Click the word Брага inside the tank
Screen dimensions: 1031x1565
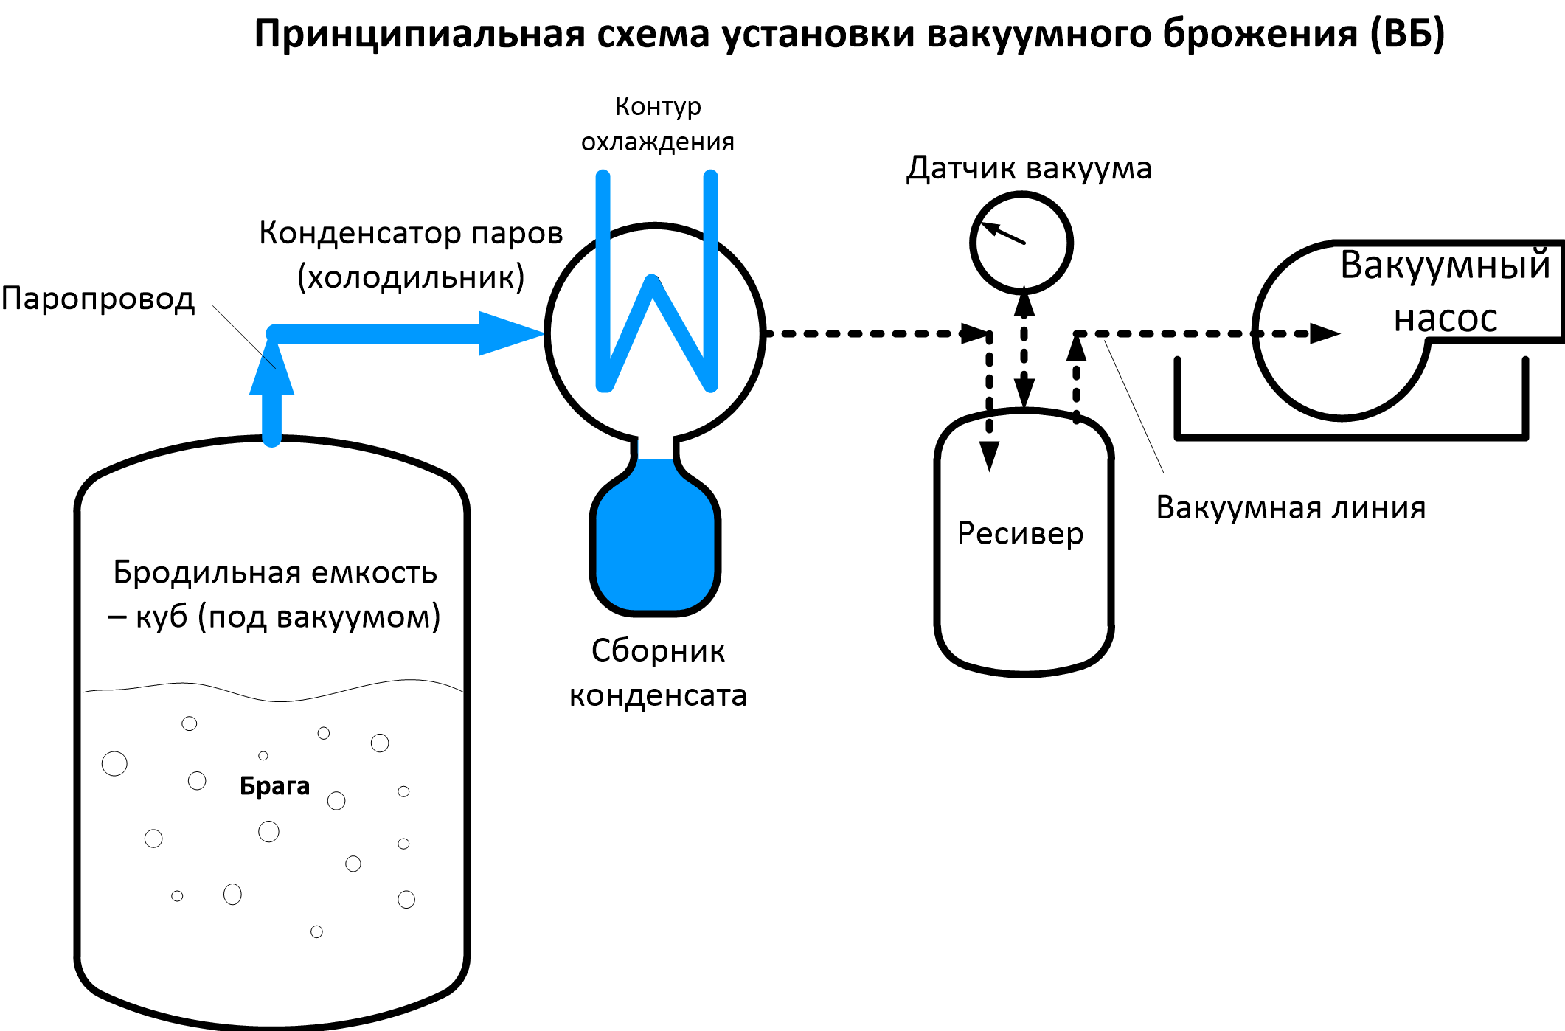tap(274, 786)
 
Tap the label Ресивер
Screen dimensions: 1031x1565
tap(1020, 533)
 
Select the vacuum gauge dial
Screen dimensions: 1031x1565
tap(1021, 243)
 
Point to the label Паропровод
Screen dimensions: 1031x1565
tap(98, 299)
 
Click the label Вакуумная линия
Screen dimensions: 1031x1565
tap(1291, 508)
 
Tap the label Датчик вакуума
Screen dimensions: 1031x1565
tap(1029, 168)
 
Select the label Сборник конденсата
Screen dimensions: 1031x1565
tap(658, 673)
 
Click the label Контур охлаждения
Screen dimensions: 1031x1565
tap(658, 124)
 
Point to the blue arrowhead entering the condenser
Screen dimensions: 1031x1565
tap(509, 333)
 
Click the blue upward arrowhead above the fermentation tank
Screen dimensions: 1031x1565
tap(272, 369)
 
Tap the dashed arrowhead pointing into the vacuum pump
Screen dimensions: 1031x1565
tap(1324, 333)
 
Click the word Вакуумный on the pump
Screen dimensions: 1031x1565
tap(1445, 265)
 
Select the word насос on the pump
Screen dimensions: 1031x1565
tap(1446, 319)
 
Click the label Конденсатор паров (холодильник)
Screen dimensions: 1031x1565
tap(411, 254)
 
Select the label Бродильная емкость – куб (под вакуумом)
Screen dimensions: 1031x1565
tap(274, 594)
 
